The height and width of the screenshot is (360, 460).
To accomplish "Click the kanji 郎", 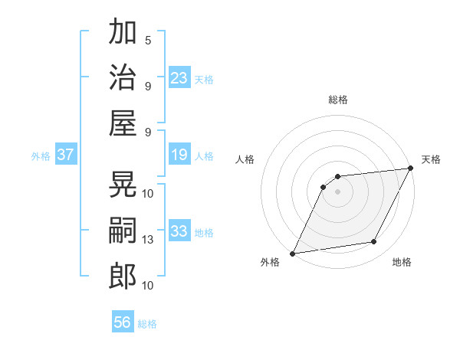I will click(x=123, y=276).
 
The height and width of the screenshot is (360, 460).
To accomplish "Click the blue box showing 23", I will click(x=179, y=77).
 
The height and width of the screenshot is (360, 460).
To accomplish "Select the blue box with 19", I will click(x=179, y=155).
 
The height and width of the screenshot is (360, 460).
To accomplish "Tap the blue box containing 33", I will click(x=179, y=231).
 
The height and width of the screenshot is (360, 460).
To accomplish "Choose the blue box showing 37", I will click(x=66, y=155).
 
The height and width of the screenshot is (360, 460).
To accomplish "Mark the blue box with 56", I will click(x=123, y=322).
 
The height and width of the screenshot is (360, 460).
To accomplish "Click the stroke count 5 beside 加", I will click(x=148, y=40).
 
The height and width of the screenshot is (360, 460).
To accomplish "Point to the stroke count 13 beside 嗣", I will click(x=148, y=240).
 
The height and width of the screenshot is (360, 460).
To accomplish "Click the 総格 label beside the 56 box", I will click(x=147, y=324).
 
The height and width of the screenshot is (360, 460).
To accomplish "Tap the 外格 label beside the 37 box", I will click(x=41, y=156).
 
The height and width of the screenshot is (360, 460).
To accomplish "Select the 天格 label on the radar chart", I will click(x=431, y=159).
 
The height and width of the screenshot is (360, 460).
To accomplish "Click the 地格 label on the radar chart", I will click(x=402, y=262).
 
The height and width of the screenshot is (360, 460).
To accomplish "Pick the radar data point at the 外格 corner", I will click(x=292, y=254).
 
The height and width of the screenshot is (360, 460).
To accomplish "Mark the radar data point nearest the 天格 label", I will click(x=411, y=169).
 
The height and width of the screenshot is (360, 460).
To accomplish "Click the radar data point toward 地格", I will click(x=374, y=242).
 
